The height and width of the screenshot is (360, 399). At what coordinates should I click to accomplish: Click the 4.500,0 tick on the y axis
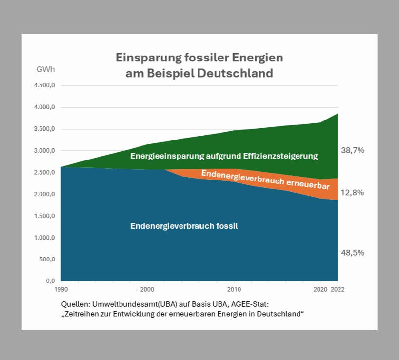[44, 86]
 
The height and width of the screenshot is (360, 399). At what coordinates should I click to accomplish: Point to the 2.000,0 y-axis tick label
[44, 194]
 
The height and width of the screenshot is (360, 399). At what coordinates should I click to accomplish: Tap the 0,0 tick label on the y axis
[50, 281]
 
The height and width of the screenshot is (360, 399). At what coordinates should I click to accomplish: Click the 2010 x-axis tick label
[234, 289]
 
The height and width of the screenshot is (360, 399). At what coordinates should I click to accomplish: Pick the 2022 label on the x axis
[338, 289]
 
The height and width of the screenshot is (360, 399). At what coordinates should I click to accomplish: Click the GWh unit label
[46, 69]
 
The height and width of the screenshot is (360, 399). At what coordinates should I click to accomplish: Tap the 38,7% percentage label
[353, 151]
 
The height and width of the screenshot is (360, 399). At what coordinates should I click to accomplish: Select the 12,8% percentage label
[353, 193]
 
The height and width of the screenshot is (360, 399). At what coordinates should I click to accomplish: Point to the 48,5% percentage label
[353, 253]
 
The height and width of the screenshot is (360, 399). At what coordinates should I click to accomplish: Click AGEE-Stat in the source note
[256, 304]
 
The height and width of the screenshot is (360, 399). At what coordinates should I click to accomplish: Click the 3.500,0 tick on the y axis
[44, 129]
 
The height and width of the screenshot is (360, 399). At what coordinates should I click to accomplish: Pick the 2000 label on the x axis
[147, 289]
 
